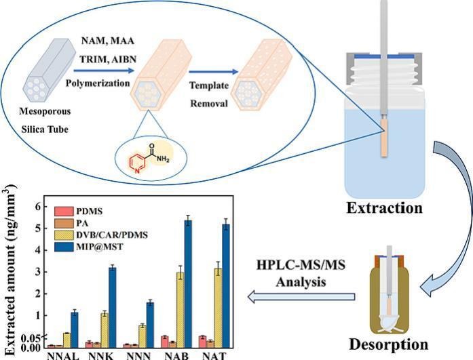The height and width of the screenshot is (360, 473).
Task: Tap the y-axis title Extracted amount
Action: (12, 271)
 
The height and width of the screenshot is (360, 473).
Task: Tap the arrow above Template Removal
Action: (214, 70)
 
